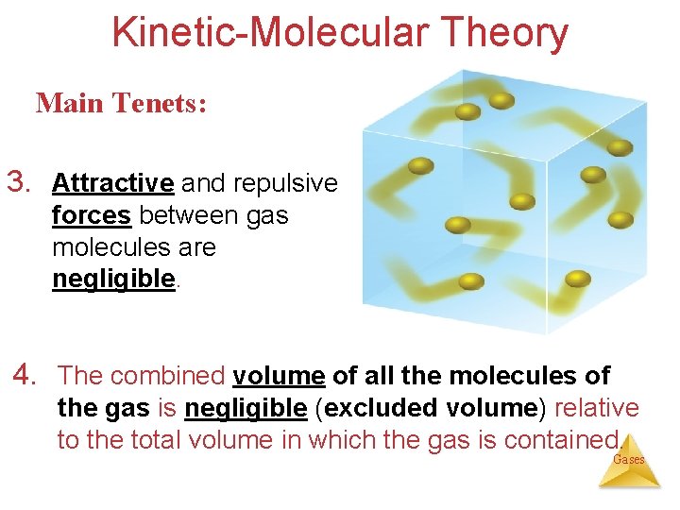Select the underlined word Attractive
click(113, 182)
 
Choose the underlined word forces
click(92, 215)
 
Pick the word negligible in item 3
click(114, 280)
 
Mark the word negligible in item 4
click(246, 408)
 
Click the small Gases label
click(629, 460)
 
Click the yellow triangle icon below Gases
click(629, 478)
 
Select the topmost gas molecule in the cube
click(501, 99)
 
